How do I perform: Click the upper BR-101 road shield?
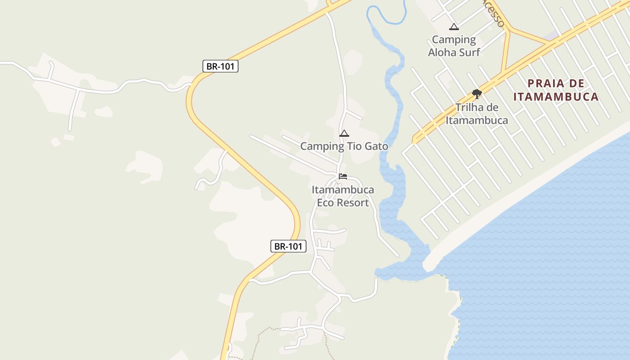coord(220,67)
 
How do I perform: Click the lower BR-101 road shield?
coord(288,246)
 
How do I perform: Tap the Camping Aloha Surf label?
coord(454,46)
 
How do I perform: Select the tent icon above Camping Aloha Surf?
coord(454,27)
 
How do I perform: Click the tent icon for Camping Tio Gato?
coord(344,133)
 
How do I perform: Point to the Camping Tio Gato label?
coord(344,146)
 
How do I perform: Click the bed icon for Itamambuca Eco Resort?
coord(343,176)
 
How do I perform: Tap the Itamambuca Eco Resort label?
coord(343,196)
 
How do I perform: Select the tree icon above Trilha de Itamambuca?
coord(477,94)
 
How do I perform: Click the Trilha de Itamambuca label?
coord(477,114)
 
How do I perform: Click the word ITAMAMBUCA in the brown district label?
coord(556,97)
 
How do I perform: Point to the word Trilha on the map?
coord(470,108)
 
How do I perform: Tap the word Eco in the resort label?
coord(325,202)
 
